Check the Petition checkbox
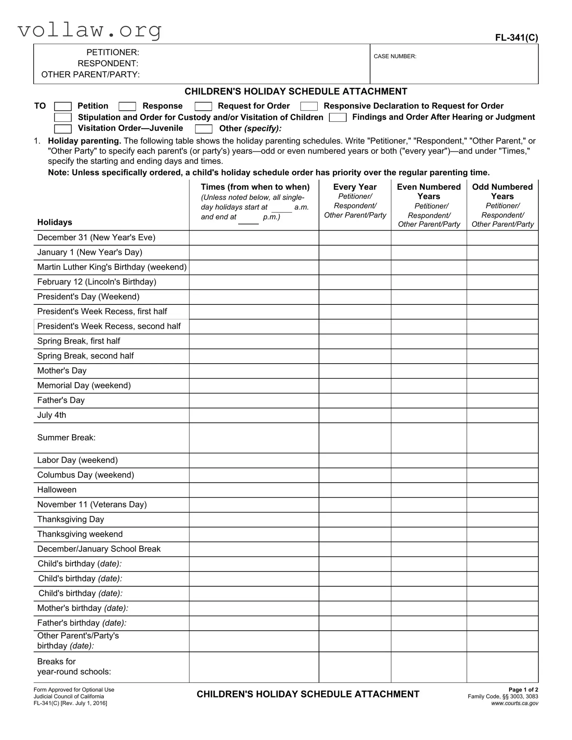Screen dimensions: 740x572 coord(63,107)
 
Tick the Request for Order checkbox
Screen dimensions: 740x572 coord(203,107)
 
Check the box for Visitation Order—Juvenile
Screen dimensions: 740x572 coord(63,129)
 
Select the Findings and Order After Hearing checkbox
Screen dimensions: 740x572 coord(338,118)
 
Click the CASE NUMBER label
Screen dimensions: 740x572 coord(395,57)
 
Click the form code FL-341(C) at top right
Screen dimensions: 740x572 coord(516,38)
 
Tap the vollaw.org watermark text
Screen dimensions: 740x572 coord(90,30)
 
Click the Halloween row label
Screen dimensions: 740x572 coord(57,490)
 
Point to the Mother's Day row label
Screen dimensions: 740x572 coord(62,371)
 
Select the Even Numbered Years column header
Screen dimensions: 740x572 coord(428,192)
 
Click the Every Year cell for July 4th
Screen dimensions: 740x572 coord(355,415)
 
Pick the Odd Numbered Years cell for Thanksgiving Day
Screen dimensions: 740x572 coord(502,520)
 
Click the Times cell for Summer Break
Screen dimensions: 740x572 coord(254,438)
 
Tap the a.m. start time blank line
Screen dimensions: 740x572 coord(281,210)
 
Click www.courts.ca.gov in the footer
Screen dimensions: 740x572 coord(514,703)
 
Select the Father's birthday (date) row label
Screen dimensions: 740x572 coord(82,623)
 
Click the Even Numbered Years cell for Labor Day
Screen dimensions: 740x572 coord(428,460)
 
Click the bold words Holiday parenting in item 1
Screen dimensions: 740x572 coord(84,141)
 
